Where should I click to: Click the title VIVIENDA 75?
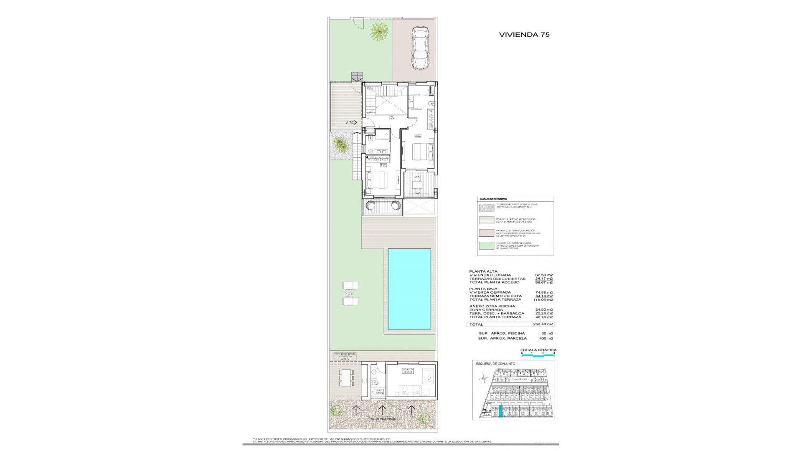524,35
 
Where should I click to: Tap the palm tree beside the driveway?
379,32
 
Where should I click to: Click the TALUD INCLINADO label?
382,418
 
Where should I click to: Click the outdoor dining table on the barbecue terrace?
346,384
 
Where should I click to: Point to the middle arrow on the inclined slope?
382,408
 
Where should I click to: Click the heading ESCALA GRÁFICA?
538,350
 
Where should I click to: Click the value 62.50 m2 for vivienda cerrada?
544,275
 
